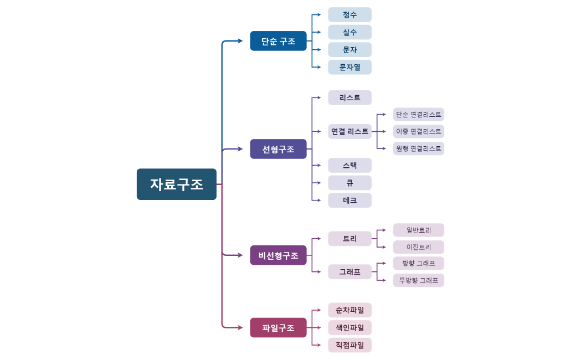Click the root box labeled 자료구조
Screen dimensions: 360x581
[x=176, y=184]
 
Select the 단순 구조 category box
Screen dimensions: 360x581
[x=278, y=41]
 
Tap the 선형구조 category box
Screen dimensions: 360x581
[x=278, y=149]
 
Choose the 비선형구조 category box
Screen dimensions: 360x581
[x=278, y=255]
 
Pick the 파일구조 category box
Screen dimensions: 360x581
[x=278, y=327]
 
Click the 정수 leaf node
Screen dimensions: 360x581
[x=349, y=15]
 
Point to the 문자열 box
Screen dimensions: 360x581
[x=349, y=67]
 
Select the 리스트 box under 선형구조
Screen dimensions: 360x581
[x=349, y=97]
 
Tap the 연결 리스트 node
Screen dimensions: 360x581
[x=349, y=131]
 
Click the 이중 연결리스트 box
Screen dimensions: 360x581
[x=418, y=131]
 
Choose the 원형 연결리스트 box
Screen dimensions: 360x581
[x=418, y=148]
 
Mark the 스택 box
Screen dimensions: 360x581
[x=349, y=165]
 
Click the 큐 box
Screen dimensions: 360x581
[x=349, y=183]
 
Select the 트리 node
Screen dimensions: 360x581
[x=349, y=239]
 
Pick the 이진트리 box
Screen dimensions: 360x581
[x=418, y=247]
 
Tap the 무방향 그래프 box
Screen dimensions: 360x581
[x=418, y=280]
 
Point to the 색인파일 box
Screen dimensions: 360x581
[x=349, y=327]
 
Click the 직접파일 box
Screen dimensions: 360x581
[x=349, y=345]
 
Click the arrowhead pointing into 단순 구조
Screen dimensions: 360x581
[x=240, y=41]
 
